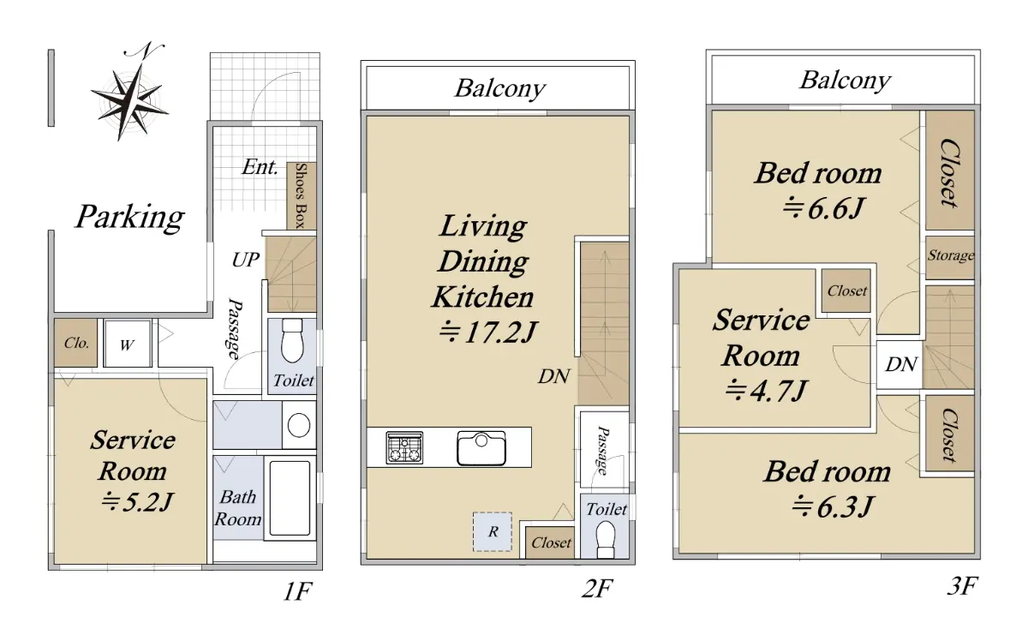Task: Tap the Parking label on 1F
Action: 130,217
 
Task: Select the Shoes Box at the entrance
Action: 301,195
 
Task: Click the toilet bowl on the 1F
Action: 292,341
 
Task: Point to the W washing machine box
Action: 127,344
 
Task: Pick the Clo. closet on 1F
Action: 75,343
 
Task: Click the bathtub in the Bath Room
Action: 290,498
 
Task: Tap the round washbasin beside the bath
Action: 299,425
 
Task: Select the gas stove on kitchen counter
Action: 404,447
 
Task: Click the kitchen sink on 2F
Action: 481,448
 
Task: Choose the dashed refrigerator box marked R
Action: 493,531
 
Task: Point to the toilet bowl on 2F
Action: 606,541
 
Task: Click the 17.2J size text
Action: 487,332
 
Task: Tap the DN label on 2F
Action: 554,376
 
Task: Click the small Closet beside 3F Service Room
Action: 846,291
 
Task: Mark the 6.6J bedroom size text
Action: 823,208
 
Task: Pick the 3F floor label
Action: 962,586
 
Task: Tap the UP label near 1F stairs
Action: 246,260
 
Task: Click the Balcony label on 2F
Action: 499,88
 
